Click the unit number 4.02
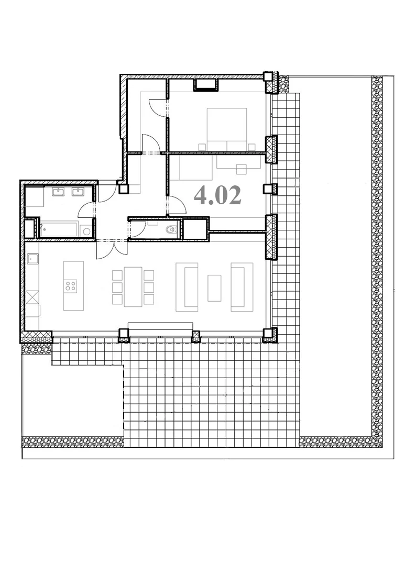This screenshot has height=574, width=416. (x=217, y=195)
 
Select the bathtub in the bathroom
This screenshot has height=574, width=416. (x=59, y=230)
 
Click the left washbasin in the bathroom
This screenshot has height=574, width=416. (x=58, y=192)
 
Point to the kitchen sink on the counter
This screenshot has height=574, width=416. (x=32, y=259)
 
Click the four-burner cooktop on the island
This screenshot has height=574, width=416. (x=70, y=286)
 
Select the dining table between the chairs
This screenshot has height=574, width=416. (x=133, y=286)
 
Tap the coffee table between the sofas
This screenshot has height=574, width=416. (x=214, y=288)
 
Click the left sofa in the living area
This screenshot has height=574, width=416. (x=187, y=287)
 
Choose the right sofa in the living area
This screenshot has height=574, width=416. (x=242, y=287)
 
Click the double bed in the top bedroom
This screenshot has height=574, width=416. (x=227, y=129)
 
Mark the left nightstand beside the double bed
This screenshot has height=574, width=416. (x=202, y=147)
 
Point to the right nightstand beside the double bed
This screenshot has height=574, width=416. (x=251, y=147)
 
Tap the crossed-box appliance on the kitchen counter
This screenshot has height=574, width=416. (x=33, y=297)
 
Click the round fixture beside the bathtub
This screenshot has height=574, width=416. (x=86, y=231)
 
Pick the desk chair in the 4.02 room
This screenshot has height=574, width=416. (x=242, y=170)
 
